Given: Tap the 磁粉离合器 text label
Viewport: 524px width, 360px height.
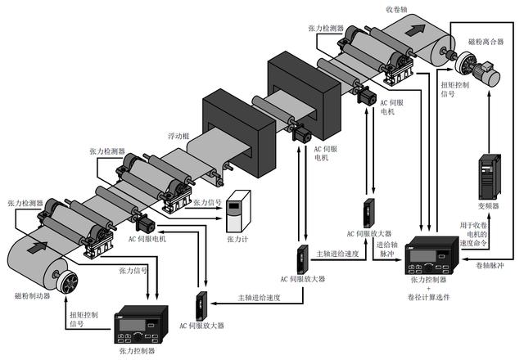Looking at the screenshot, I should pos(486,39).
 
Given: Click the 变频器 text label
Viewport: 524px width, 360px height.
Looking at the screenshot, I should pos(489,207).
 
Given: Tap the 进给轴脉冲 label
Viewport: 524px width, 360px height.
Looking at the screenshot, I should pos(390,250).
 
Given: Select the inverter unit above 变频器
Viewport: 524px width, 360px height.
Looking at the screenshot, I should pos(490,176).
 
